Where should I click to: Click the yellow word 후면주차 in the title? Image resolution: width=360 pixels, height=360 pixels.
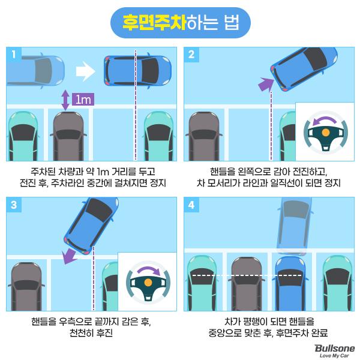(154, 23)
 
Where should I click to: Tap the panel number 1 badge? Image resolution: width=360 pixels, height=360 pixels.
(14, 55)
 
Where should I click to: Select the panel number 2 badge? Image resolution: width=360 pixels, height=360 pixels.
(191, 55)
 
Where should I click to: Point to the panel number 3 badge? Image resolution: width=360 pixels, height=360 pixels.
(14, 205)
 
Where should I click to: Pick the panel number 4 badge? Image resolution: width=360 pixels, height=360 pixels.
(191, 205)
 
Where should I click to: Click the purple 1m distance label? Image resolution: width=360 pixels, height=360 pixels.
(83, 100)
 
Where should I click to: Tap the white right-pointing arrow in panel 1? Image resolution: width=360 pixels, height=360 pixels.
(85, 71)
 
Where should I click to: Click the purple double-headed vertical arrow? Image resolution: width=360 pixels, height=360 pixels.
(65, 100)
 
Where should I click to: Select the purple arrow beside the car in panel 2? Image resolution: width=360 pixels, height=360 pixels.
(266, 84)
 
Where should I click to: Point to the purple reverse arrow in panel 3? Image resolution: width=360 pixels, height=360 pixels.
(69, 257)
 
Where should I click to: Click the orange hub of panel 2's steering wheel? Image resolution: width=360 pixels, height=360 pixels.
(326, 132)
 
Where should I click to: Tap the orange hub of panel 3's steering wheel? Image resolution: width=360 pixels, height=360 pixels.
(148, 283)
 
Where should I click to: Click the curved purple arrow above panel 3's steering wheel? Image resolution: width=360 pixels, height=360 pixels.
(149, 268)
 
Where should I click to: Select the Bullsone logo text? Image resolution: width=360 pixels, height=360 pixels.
(335, 348)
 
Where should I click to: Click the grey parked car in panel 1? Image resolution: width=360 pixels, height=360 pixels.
(68, 136)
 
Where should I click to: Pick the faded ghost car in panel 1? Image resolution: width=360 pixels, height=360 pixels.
(35, 71)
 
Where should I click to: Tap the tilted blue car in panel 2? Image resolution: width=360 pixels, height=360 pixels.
(304, 69)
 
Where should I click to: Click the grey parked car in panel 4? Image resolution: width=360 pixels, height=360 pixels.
(247, 284)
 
